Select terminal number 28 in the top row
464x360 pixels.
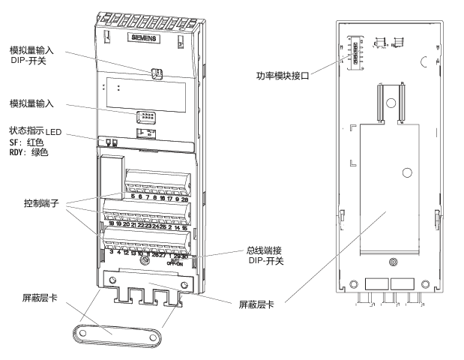(x=184, y=197)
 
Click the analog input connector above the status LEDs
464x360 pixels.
(x=146, y=117)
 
